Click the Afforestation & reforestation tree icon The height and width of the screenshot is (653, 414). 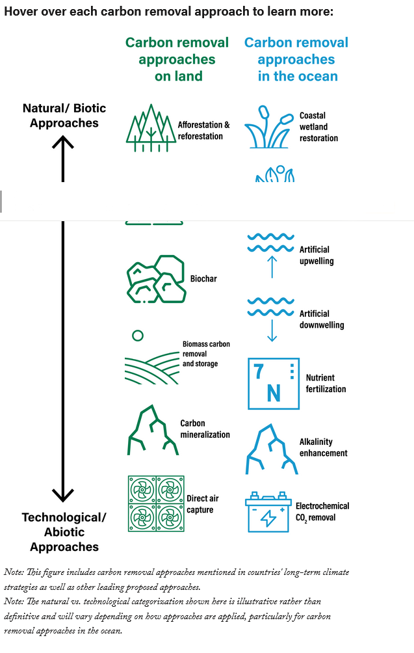click(x=150, y=128)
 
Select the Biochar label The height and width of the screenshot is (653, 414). click(x=203, y=279)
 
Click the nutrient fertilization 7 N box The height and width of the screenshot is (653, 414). click(x=274, y=383)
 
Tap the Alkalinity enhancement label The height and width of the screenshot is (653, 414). click(x=323, y=447)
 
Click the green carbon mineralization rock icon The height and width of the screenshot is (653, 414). click(x=152, y=430)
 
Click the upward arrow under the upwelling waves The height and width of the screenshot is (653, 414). click(x=272, y=267)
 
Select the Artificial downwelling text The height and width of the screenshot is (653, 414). click(x=322, y=319)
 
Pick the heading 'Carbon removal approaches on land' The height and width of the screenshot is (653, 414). click(x=177, y=59)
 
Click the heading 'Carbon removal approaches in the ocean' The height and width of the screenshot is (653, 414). click(x=296, y=59)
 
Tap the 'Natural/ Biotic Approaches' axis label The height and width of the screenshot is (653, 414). click(x=64, y=115)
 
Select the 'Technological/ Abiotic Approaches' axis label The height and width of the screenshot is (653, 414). click(x=64, y=532)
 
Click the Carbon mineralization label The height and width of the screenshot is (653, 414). click(x=205, y=429)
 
